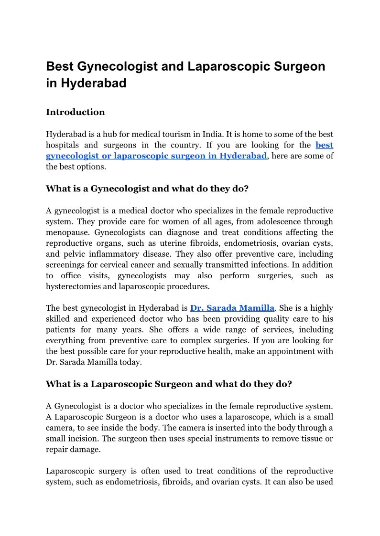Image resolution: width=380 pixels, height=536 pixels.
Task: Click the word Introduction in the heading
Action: coord(75,112)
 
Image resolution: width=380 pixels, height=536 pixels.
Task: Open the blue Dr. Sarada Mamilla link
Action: coord(232,308)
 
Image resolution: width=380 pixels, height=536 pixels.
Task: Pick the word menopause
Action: coord(67,232)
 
